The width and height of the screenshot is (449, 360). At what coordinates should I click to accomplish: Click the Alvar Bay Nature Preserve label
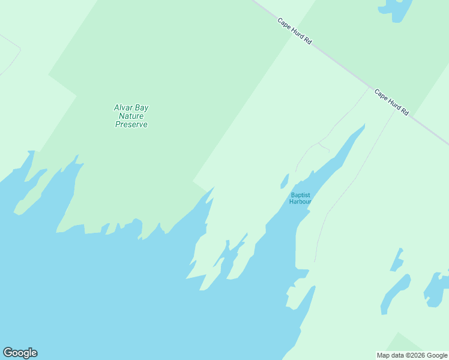coord(131,116)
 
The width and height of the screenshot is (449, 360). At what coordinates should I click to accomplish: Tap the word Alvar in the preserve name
coord(122,108)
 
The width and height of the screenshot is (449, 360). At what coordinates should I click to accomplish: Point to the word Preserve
coord(131,125)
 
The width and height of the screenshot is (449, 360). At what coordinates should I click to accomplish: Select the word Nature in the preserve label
coord(131,116)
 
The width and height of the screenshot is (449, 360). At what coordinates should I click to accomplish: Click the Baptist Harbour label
coord(300,198)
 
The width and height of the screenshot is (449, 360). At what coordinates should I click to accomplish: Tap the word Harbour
coord(300,202)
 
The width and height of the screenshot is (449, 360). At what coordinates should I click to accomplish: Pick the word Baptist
coord(300,195)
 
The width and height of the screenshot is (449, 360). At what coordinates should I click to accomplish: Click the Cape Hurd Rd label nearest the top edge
coord(295,31)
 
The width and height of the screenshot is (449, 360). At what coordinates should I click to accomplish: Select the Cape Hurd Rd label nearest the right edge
coord(391,103)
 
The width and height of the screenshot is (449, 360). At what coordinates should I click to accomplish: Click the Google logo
coord(20,353)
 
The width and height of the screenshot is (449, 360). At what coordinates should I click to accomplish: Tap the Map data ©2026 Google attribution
coord(412,355)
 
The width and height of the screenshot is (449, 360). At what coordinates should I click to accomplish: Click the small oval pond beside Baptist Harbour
coord(285,180)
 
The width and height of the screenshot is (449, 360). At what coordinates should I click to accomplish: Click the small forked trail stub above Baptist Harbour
coord(323,146)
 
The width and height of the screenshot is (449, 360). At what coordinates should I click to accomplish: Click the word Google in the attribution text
coord(437,355)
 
